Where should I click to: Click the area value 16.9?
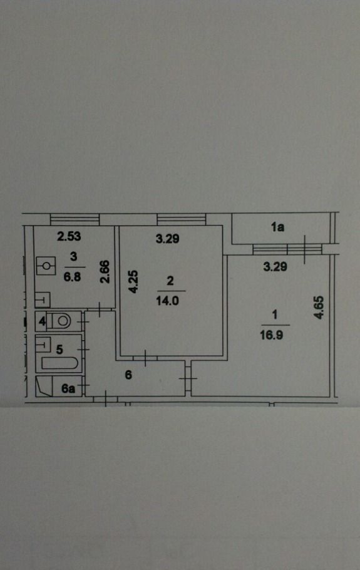[271, 335]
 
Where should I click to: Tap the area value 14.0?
[167, 301]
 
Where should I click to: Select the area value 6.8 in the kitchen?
[72, 277]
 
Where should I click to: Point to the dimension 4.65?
[319, 308]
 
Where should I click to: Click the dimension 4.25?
[134, 281]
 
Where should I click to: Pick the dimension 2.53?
[69, 236]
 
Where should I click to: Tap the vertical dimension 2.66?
[105, 272]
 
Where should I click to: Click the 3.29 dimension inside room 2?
[167, 239]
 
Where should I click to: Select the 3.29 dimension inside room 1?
[275, 267]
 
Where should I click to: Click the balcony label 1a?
[277, 227]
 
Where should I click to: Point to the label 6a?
[68, 388]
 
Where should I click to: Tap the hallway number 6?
[128, 375]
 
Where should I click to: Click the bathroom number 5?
[59, 350]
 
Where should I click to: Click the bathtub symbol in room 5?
[60, 363]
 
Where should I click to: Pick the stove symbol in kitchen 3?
[46, 266]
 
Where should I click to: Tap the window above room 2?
[182, 219]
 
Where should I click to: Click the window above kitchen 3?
[75, 219]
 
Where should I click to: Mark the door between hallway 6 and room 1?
[188, 378]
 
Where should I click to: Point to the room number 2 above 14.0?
[170, 281]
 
